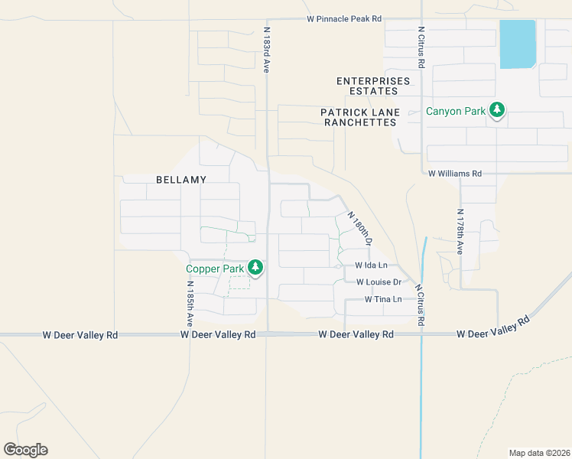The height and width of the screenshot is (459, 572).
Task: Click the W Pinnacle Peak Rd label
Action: point(343,18)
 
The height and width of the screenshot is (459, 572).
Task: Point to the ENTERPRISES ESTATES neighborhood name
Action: point(373,86)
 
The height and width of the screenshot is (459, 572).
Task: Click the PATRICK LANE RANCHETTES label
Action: point(360,117)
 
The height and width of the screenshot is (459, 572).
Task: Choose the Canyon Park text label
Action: point(456,111)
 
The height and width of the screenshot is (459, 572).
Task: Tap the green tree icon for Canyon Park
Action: point(497,111)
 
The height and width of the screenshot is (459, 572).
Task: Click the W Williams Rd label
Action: point(455,174)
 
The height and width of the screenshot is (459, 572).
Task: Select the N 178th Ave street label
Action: point(460,232)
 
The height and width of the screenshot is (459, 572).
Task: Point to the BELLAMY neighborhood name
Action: point(181,179)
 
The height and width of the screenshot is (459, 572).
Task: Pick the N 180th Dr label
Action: point(360,228)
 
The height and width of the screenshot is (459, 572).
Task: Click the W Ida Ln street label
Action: point(371,265)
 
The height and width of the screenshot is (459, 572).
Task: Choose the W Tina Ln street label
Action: point(382,299)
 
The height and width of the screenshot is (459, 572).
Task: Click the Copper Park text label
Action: point(215,269)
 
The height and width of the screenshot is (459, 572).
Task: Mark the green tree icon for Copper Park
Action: point(255,268)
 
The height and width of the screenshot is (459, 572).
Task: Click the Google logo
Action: point(25,450)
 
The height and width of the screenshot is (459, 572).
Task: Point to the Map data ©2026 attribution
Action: point(539,452)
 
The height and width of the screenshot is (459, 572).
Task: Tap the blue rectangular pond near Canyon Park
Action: point(518,44)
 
